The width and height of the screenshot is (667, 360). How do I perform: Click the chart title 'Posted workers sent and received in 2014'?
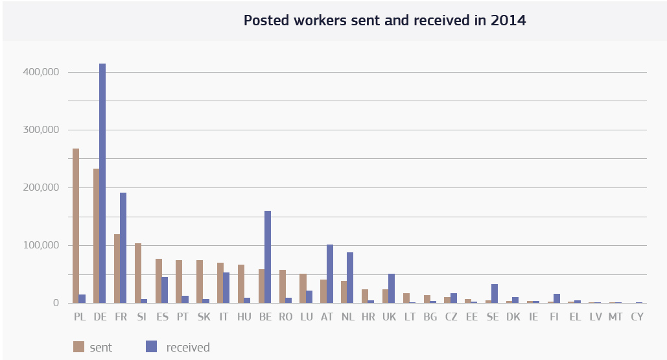384,20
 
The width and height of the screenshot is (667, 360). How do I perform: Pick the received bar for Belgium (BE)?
268,257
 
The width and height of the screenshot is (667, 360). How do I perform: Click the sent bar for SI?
138,273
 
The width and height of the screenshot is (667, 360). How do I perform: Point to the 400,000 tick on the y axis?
45,72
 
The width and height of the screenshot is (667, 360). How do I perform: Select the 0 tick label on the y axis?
56,303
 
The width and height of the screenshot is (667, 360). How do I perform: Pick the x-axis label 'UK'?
389,317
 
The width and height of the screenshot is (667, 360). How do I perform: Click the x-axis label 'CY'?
637,317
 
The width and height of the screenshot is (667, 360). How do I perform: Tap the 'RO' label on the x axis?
286,317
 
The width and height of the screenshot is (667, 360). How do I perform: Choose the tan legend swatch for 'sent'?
78,347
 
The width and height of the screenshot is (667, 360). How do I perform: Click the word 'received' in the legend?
188,348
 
